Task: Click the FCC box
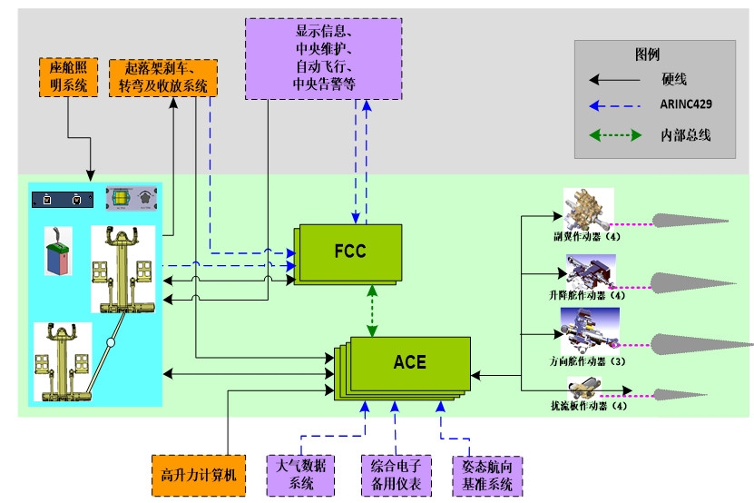350,250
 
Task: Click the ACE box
409,361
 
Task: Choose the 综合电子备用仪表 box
391,474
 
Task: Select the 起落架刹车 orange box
163,76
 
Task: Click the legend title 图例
647,54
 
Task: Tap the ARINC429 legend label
686,104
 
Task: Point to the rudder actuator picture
589,330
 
